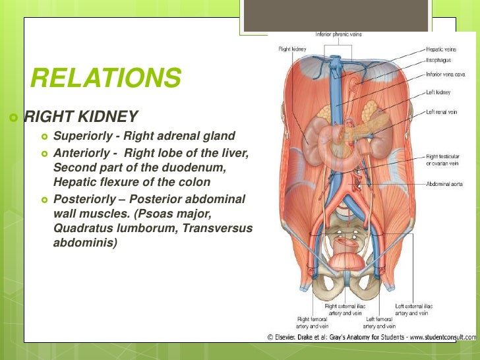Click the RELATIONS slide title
click(105, 78)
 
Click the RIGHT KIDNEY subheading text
click(81, 117)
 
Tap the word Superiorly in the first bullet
click(80, 136)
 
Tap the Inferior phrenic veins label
click(338, 34)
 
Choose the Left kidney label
click(438, 92)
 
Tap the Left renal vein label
click(442, 112)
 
